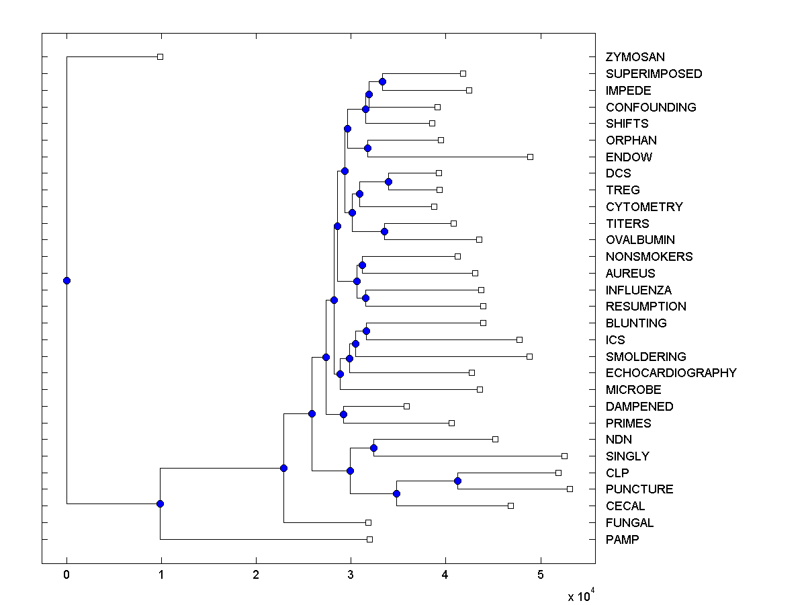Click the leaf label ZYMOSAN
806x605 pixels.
[635, 57]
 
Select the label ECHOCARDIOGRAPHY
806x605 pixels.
[671, 373]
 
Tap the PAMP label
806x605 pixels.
[622, 539]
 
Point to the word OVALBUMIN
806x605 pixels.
[640, 240]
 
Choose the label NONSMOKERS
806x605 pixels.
[649, 257]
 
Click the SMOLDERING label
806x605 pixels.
[645, 356]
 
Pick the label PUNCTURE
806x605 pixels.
[639, 489]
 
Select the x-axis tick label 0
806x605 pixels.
[66, 575]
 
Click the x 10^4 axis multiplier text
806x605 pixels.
[581, 596]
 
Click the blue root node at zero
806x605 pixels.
[66, 280]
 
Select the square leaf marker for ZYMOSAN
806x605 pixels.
[160, 57]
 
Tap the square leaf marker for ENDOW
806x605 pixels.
[530, 157]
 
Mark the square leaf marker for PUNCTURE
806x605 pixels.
[570, 489]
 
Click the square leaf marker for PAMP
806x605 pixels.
[369, 539]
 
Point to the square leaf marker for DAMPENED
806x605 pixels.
[406, 406]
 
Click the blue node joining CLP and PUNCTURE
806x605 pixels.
[457, 481]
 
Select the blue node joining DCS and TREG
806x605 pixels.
[388, 182]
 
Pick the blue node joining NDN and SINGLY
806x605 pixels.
[373, 448]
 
